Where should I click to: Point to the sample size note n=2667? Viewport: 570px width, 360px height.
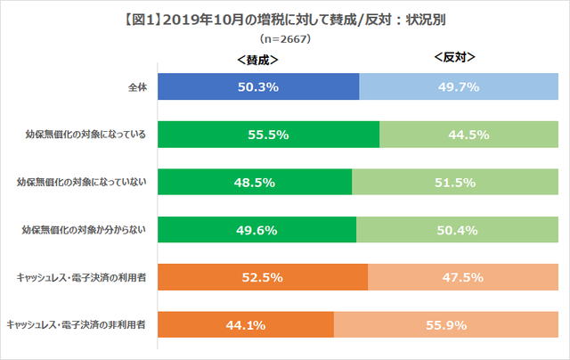point(285,39)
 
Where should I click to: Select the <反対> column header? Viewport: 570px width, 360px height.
point(454,58)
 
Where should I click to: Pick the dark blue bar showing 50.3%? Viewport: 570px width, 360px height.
point(258,87)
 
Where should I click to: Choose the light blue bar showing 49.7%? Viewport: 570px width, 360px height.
point(458,87)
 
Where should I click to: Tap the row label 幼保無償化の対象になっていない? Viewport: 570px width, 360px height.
point(80,183)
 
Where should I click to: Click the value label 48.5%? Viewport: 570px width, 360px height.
point(255,183)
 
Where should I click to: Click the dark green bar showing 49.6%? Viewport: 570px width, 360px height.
point(257,230)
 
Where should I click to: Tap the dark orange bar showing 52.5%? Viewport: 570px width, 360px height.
point(263,277)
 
